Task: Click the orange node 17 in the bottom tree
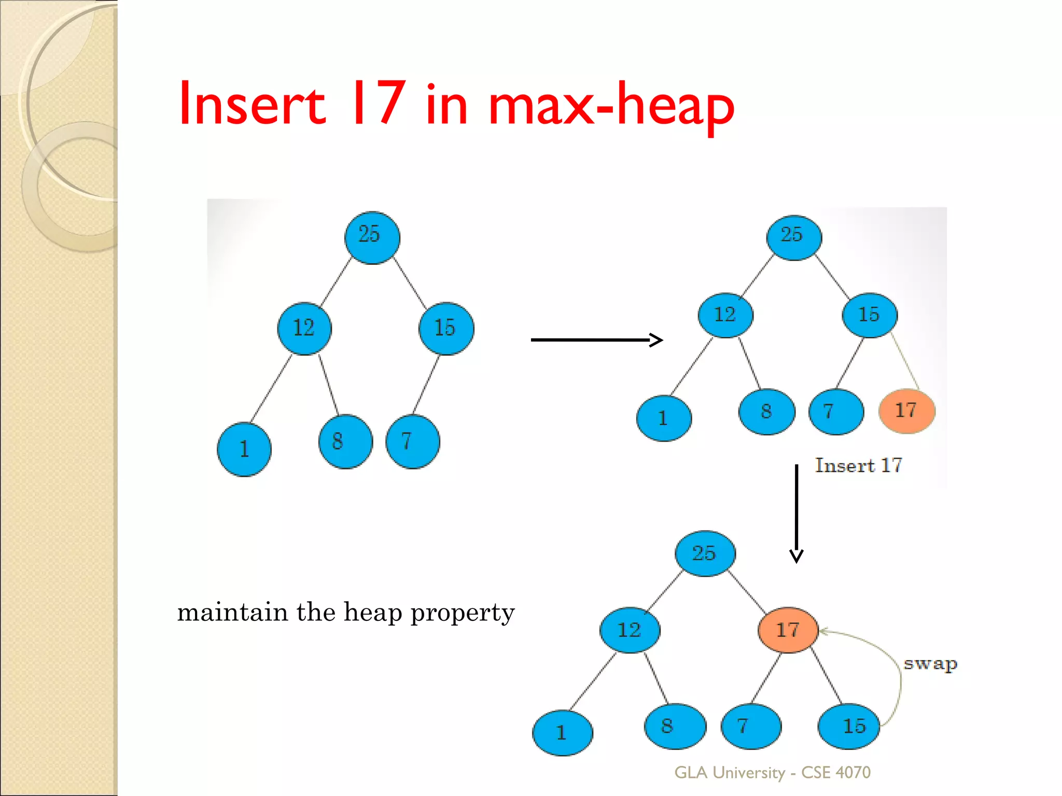[x=788, y=630]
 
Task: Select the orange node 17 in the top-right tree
[x=907, y=411]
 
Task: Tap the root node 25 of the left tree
[x=372, y=237]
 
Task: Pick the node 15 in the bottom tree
[x=849, y=726]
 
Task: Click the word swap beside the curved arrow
[x=930, y=664]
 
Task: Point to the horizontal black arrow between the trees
[x=596, y=340]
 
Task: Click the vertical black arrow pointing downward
[x=796, y=513]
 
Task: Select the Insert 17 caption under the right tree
[x=858, y=465]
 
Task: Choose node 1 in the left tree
[x=244, y=449]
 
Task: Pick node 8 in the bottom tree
[x=675, y=726]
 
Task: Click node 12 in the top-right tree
[x=725, y=315]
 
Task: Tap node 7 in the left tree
[x=413, y=442]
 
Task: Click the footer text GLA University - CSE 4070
[x=772, y=773]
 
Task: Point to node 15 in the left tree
[x=446, y=328]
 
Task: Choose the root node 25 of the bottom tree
[x=705, y=553]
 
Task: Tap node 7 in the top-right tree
[x=836, y=411]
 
